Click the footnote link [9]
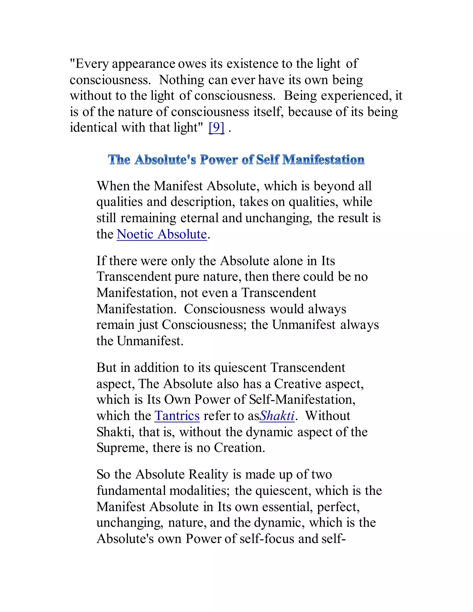pyautogui.click(x=217, y=128)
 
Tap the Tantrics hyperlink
pyautogui.click(x=177, y=416)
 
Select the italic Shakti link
pyautogui.click(x=277, y=416)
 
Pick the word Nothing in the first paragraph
pyautogui.click(x=182, y=80)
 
